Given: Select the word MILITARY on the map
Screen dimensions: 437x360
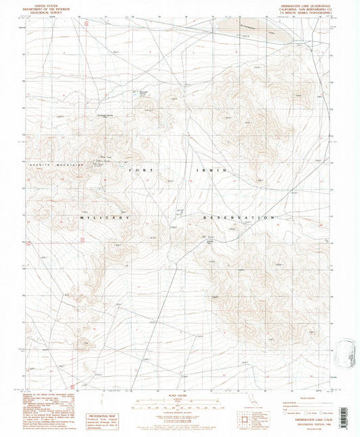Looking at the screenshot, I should [106, 218].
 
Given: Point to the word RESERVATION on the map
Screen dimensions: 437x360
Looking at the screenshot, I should [240, 218].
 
